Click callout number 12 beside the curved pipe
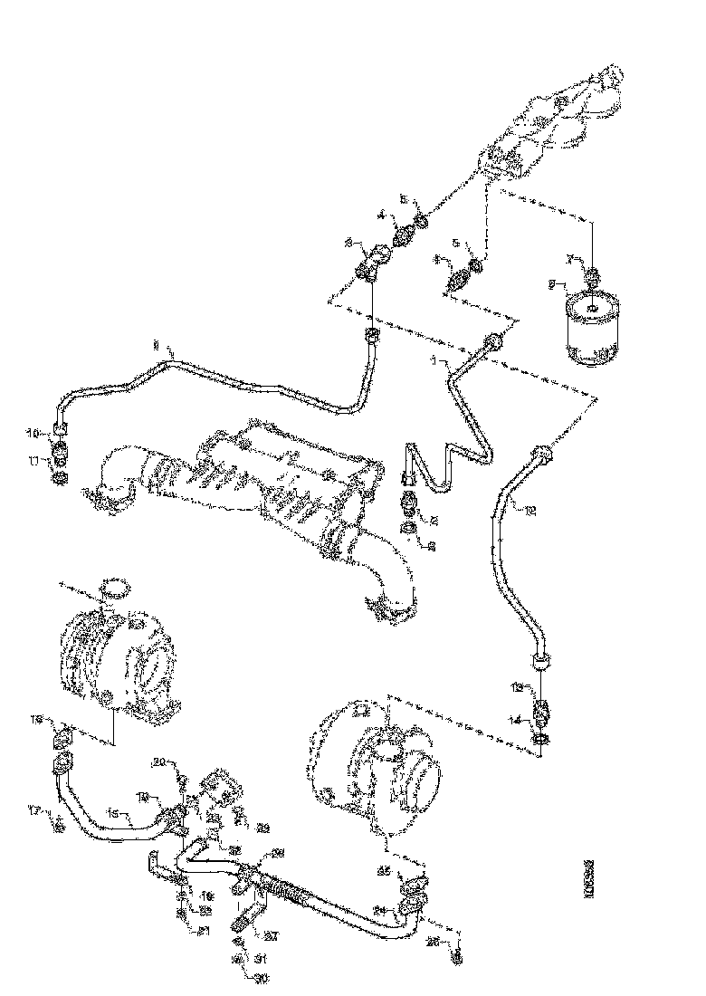tap(529, 511)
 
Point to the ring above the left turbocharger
tap(112, 588)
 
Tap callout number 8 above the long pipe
tap(156, 345)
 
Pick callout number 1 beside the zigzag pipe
tap(433, 360)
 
